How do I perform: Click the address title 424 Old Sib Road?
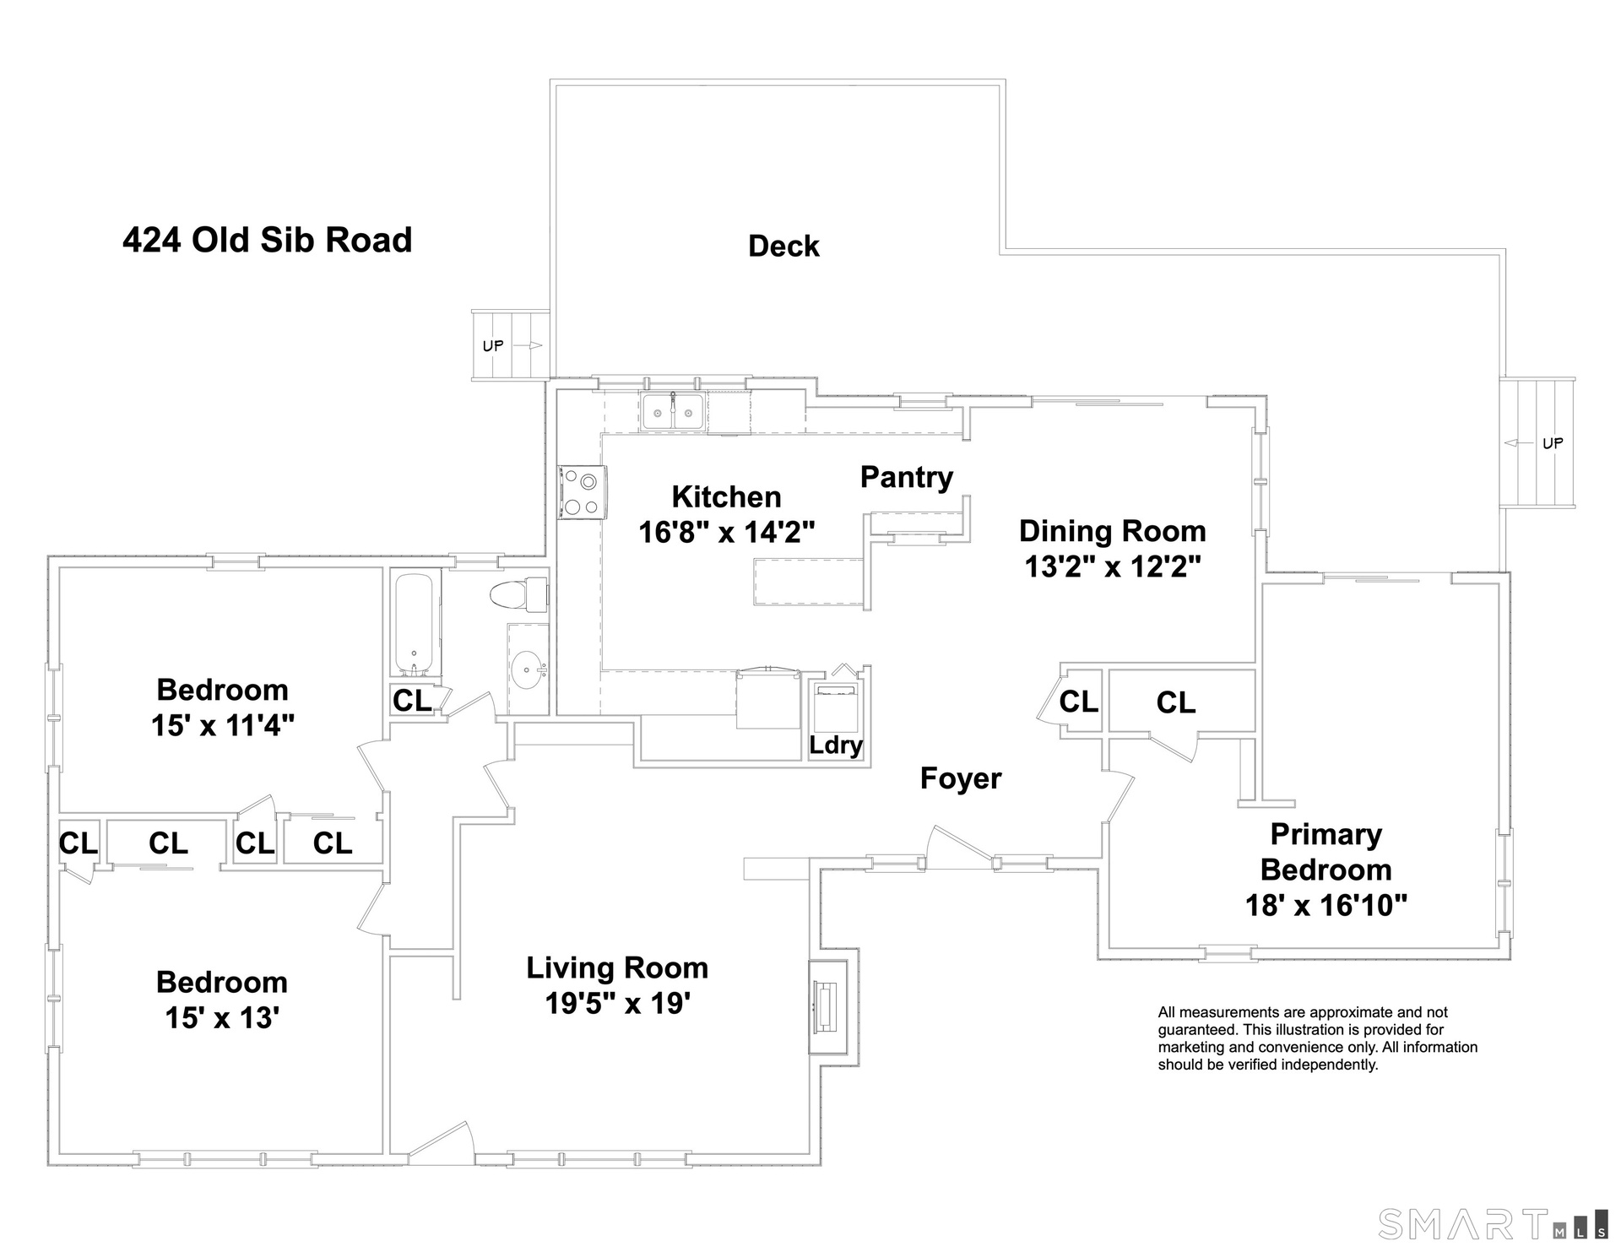pos(268,241)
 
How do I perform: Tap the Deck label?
pos(783,247)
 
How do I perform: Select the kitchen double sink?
pos(674,413)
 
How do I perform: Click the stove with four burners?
pos(582,492)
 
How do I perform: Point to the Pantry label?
pos(907,478)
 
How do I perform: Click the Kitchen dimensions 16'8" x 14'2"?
pos(727,532)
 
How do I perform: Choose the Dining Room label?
pos(1113,531)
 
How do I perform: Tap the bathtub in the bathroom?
pos(415,624)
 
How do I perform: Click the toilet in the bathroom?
pos(518,595)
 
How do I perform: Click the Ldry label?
pos(836,745)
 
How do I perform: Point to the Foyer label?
pos(961,778)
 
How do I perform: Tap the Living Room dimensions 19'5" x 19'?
pos(618,1004)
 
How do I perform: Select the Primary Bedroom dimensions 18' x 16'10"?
pos(1326,906)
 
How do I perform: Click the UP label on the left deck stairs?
pos(493,345)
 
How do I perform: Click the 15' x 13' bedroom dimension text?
pos(222,1018)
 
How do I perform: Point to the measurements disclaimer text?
pos(1317,1038)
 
